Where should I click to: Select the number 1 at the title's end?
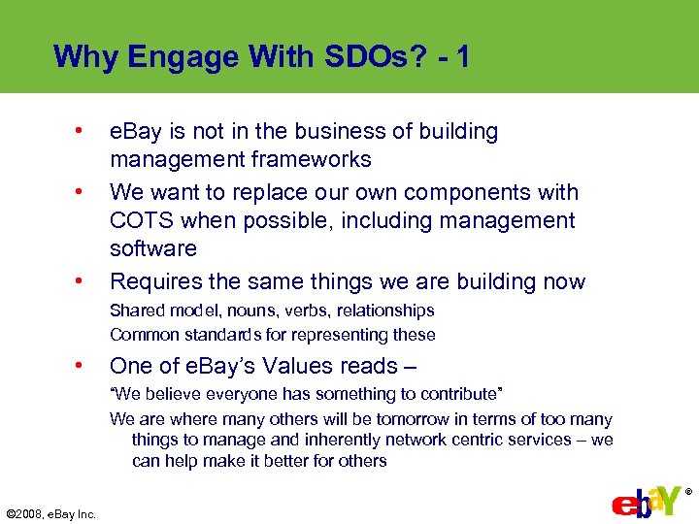click(461, 56)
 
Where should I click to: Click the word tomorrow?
click(408, 419)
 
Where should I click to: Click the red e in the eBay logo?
click(623, 507)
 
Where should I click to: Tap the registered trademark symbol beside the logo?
click(689, 492)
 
